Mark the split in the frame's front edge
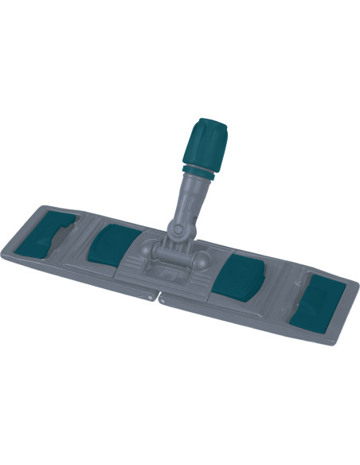[x=160, y=299]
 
